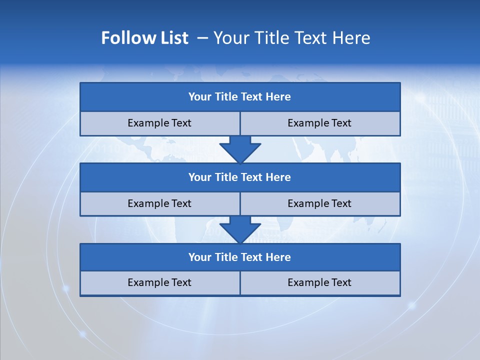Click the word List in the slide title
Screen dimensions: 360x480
click(171, 38)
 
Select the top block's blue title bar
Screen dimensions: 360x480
click(240, 97)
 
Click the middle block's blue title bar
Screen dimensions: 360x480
click(240, 177)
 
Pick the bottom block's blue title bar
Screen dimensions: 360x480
click(240, 257)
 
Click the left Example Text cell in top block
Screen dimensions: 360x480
click(160, 123)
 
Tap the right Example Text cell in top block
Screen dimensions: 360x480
click(320, 123)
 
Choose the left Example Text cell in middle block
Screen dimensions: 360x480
click(160, 203)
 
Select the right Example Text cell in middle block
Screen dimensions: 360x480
click(320, 203)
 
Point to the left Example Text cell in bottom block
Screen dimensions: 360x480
click(160, 282)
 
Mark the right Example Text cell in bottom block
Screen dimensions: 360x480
click(320, 282)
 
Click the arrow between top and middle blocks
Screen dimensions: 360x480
click(240, 149)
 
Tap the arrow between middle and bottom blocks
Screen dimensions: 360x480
click(240, 229)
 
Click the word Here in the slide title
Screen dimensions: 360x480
click(352, 38)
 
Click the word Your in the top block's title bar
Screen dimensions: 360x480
click(199, 97)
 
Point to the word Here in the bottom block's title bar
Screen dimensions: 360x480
click(278, 257)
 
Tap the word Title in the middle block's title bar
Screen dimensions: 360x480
click(226, 177)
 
